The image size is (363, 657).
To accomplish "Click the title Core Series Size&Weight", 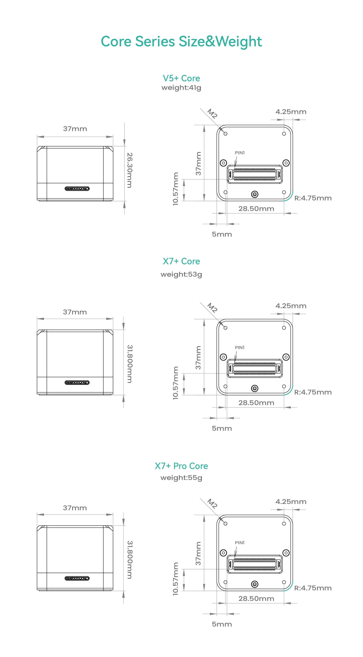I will pyautogui.click(x=181, y=41).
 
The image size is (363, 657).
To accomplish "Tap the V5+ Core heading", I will pyautogui.click(x=181, y=78).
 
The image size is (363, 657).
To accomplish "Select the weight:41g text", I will pyautogui.click(x=181, y=88).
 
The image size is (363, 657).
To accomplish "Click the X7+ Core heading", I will pyautogui.click(x=181, y=261).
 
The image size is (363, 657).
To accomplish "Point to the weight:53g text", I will pyautogui.click(x=181, y=274).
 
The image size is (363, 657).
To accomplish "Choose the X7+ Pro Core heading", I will pyautogui.click(x=181, y=466).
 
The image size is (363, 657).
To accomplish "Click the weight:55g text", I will pyautogui.click(x=181, y=478).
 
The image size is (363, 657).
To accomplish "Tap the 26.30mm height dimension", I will pyautogui.click(x=130, y=170).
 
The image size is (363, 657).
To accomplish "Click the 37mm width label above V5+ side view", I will pyautogui.click(x=75, y=129).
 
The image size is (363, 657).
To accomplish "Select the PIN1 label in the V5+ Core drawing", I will pyautogui.click(x=240, y=153).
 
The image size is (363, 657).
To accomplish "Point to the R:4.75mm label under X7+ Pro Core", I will pyautogui.click(x=313, y=588).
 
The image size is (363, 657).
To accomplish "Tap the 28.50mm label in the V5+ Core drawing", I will pyautogui.click(x=256, y=209).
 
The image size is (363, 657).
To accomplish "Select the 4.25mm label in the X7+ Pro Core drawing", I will pyautogui.click(x=291, y=502).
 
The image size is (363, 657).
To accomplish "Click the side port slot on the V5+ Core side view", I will pyautogui.click(x=77, y=189).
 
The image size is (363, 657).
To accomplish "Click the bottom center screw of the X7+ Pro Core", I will pyautogui.click(x=255, y=584).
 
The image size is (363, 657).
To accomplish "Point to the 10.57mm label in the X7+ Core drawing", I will pyautogui.click(x=176, y=383).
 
